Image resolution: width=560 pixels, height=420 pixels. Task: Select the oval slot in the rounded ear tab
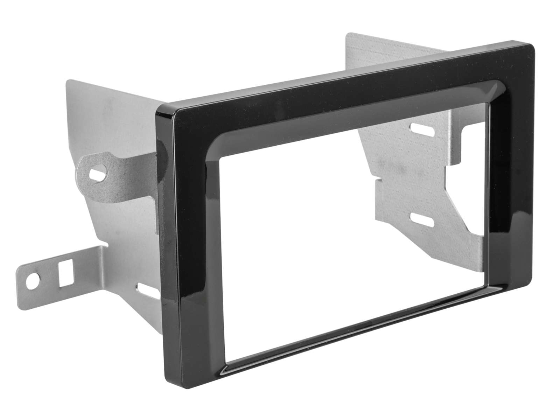(x=99, y=174)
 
